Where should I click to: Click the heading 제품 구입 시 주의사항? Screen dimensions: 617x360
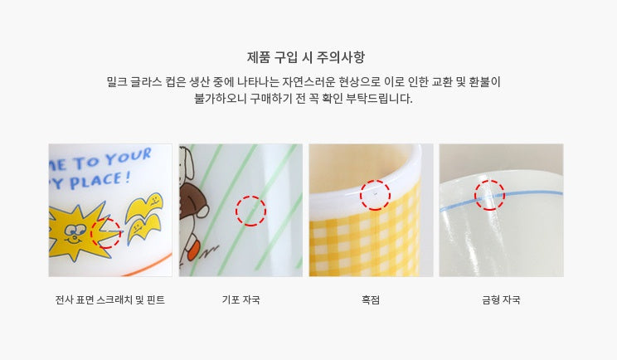coord(306,57)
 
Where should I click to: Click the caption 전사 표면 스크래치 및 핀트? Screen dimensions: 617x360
coord(110,299)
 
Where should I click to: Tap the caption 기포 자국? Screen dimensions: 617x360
coord(240,299)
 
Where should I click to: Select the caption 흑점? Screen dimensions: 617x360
coord(371,299)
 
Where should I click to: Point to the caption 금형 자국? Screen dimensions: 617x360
coord(501,299)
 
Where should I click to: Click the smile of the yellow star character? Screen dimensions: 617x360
coord(73,239)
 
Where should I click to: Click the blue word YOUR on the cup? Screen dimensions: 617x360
coord(129,156)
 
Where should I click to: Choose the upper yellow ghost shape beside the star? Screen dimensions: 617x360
coord(144,206)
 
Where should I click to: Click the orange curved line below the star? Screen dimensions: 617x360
coord(148,265)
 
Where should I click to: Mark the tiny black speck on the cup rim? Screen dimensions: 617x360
coord(375,194)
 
